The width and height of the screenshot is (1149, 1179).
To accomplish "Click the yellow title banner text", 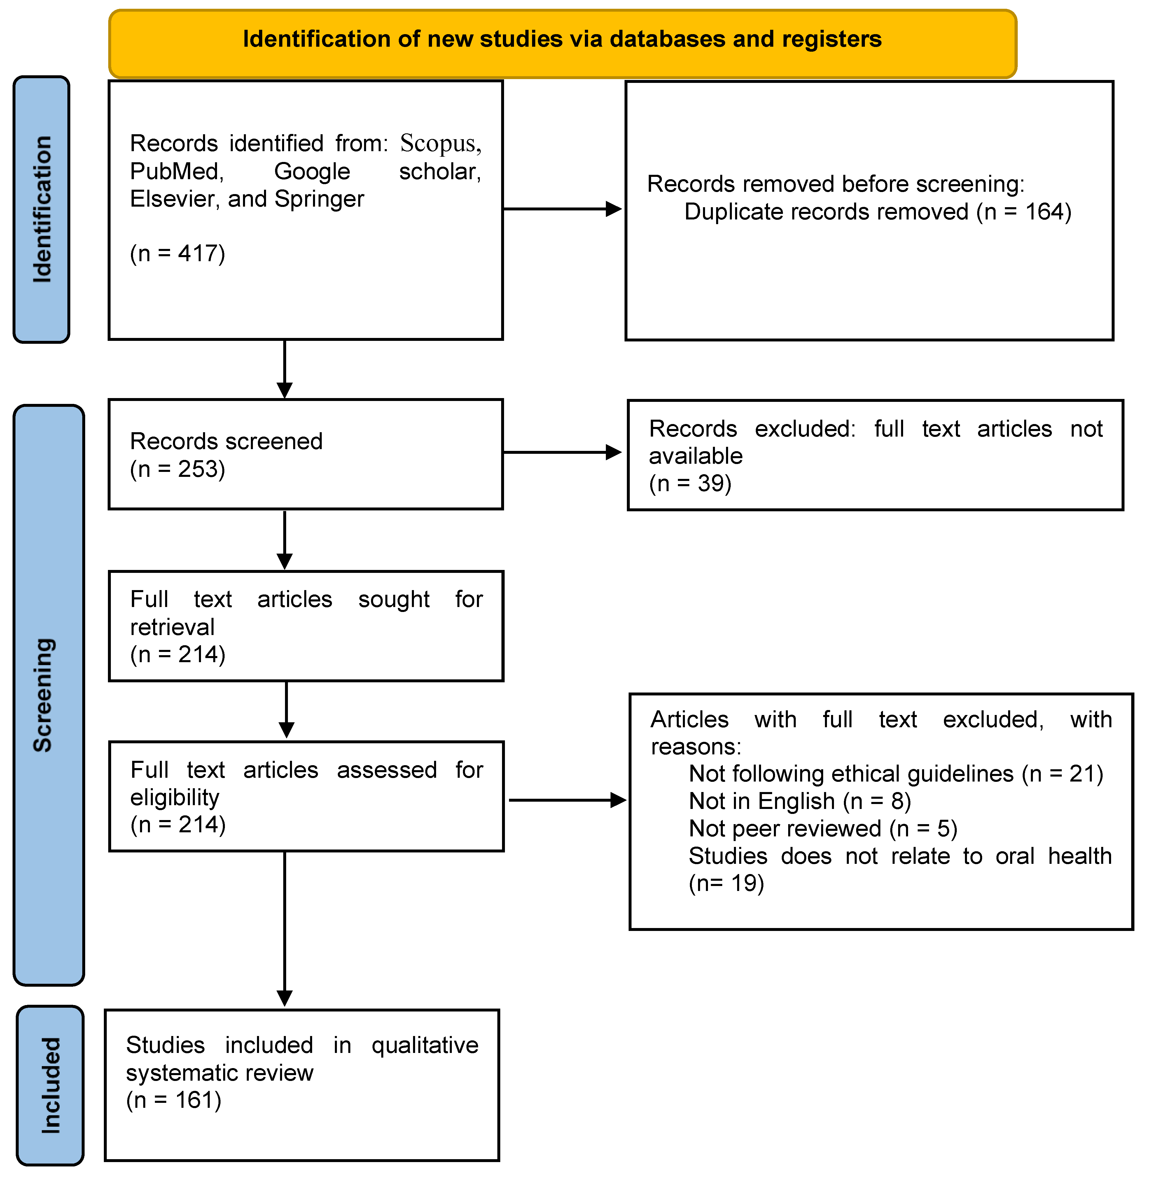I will [x=562, y=39].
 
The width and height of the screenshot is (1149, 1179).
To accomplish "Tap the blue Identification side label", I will [x=42, y=210].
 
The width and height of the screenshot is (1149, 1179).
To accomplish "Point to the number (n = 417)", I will [x=177, y=254].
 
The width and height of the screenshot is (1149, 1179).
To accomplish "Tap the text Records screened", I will [x=226, y=441].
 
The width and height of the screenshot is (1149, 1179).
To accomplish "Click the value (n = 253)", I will [x=177, y=469].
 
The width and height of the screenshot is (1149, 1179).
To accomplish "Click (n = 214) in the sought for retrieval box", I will [x=177, y=654].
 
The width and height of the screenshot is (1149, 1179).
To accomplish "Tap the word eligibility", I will [x=174, y=798].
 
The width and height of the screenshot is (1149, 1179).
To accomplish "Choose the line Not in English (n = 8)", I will [x=800, y=801].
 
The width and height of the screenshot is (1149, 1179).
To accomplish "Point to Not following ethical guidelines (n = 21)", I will [x=896, y=774].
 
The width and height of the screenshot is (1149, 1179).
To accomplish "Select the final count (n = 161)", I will [x=174, y=1100].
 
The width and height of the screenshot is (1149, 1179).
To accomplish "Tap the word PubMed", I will [x=176, y=171].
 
